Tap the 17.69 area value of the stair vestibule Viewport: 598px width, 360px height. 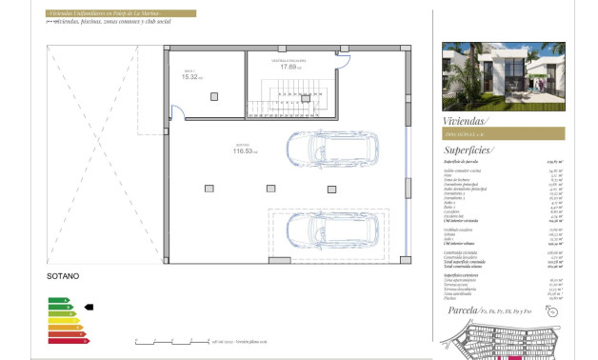point(291,67)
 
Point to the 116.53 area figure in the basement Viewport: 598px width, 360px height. point(247,150)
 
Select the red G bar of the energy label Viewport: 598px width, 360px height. point(68,340)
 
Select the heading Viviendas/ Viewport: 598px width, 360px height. point(466,121)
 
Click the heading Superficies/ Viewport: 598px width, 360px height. point(469,150)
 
